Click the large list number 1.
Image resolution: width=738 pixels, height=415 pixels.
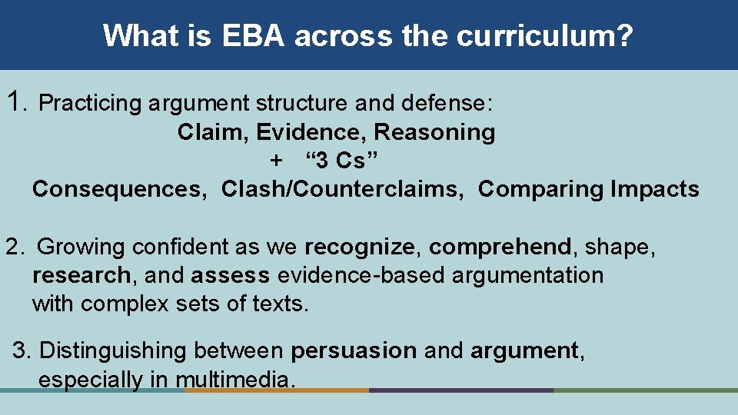[x=15, y=101]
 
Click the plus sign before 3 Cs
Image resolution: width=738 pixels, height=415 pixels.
[x=276, y=161]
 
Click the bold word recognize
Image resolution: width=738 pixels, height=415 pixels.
[x=359, y=247]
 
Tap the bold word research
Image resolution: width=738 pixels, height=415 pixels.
[x=81, y=275]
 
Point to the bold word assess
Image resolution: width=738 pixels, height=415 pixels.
[x=231, y=275]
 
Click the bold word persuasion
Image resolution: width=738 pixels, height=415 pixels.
[x=354, y=351]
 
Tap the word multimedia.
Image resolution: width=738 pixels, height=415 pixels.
[x=234, y=380]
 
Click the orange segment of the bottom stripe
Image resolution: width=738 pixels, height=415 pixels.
[x=277, y=390]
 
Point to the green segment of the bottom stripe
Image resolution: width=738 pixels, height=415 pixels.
[x=646, y=390]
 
